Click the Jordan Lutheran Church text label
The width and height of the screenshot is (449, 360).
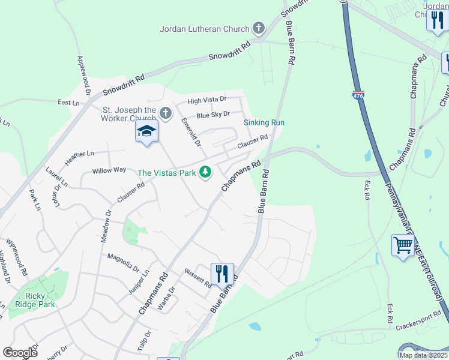[x=205, y=28]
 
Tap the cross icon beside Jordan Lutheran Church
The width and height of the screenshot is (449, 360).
[x=259, y=28]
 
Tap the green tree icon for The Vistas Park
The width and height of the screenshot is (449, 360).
[x=206, y=172]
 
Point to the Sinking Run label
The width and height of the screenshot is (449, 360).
[x=264, y=122]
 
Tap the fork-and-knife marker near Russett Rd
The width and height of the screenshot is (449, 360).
[x=223, y=274]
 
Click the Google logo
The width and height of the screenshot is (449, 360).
[x=20, y=352]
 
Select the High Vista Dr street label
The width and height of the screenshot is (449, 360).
[x=207, y=100]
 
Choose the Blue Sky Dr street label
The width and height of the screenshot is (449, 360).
[x=213, y=114]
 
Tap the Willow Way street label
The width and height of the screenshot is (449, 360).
[x=109, y=170]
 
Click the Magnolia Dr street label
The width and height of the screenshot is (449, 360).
[x=123, y=262]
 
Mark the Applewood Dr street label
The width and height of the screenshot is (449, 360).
[x=82, y=76]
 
